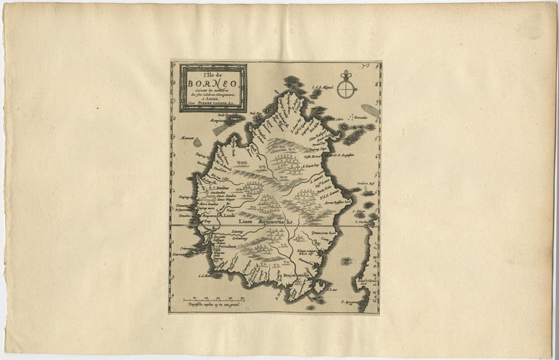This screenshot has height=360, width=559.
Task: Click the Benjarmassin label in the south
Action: (x=292, y=276)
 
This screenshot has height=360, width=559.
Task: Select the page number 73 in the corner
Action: (x=373, y=66)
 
